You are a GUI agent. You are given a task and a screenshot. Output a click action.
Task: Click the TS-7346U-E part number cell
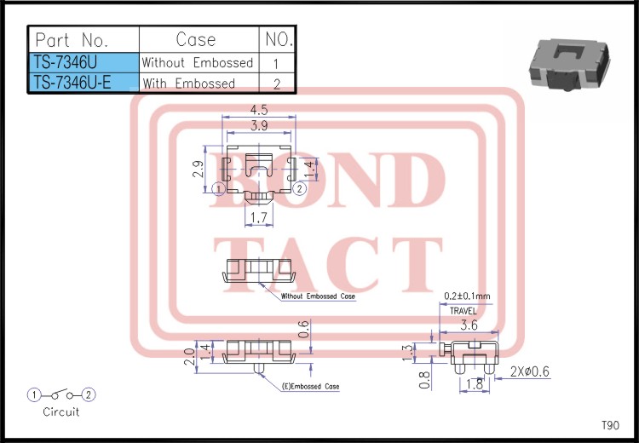[x=84, y=83]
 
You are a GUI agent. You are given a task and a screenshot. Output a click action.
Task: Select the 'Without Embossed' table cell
[x=199, y=63]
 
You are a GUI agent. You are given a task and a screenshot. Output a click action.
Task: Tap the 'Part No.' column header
[x=84, y=39]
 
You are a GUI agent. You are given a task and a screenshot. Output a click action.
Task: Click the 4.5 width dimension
[x=259, y=110]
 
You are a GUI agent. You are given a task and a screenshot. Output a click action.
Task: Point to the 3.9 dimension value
[x=259, y=125]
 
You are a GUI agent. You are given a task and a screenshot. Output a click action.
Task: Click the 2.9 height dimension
[x=198, y=169]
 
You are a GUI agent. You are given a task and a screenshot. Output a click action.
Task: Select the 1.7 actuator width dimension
[x=259, y=217]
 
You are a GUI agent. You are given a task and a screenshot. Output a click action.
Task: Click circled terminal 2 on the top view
[x=300, y=188]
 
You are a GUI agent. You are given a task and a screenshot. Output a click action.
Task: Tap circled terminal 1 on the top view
[x=219, y=188]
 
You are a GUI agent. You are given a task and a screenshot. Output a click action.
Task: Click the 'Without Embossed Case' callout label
[x=318, y=296]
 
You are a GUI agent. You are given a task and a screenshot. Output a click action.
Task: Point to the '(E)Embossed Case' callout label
[x=310, y=387]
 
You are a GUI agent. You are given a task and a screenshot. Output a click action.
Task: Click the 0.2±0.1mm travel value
[x=467, y=296]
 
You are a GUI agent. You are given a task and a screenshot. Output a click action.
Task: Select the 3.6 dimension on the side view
[x=469, y=325]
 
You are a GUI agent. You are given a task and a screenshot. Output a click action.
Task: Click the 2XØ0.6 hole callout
[x=529, y=371]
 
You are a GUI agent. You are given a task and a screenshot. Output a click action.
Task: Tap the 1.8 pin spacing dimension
[x=474, y=383]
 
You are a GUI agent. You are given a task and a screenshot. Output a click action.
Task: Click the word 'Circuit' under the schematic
[x=61, y=411]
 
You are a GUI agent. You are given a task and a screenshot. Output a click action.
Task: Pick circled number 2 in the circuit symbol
[x=89, y=394]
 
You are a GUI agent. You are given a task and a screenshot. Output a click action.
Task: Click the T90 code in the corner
[x=610, y=425]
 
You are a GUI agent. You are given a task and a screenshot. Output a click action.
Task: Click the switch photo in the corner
[x=569, y=64]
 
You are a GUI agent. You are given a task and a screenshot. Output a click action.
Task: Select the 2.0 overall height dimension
[x=189, y=357]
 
